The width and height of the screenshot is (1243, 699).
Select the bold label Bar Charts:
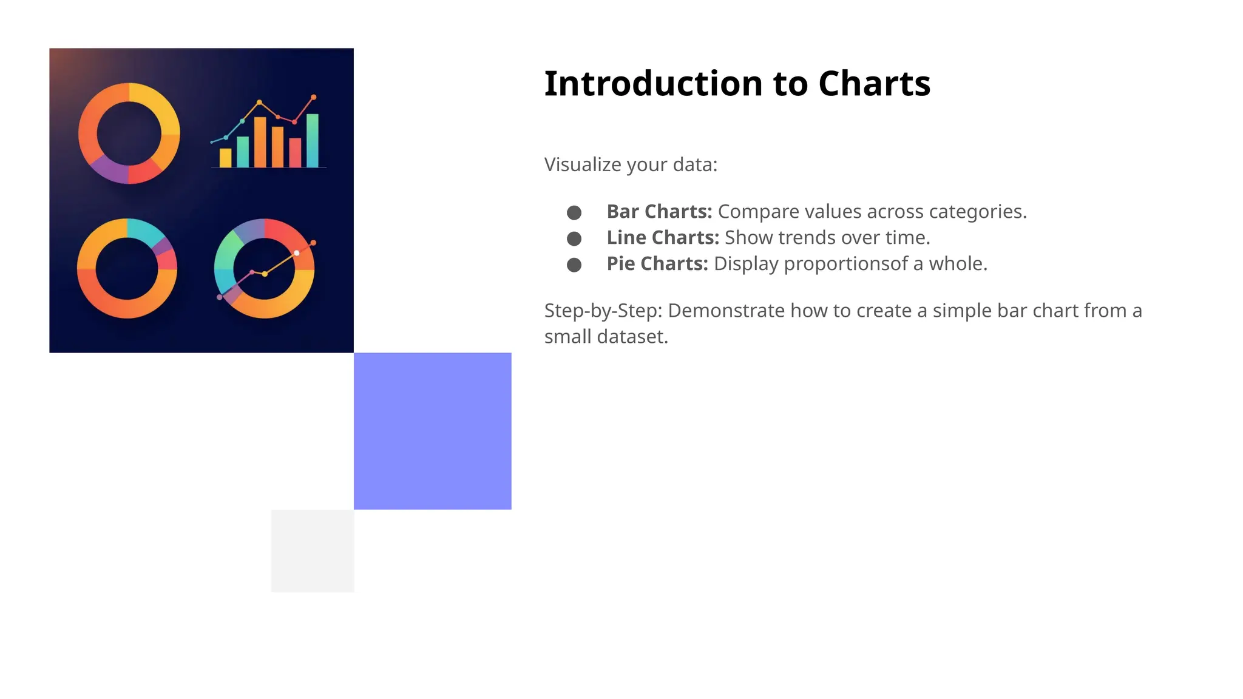[x=659, y=211]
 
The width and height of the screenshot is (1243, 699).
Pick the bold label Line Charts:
[x=663, y=237]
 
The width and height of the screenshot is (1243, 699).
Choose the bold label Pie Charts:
[x=657, y=263]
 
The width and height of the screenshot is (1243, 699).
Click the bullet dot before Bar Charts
[x=574, y=212]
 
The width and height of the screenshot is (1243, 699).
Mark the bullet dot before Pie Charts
[x=574, y=265]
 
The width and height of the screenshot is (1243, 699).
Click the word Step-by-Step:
[x=603, y=311]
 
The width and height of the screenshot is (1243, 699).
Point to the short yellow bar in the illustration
[x=225, y=158]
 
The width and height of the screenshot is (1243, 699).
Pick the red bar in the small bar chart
[x=295, y=152]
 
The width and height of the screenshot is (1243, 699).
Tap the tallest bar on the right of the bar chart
[x=313, y=140]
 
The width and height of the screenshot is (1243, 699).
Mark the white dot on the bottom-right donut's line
[x=297, y=253]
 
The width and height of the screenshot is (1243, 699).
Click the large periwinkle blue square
[x=432, y=431]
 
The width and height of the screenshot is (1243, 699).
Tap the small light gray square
[x=313, y=550]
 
